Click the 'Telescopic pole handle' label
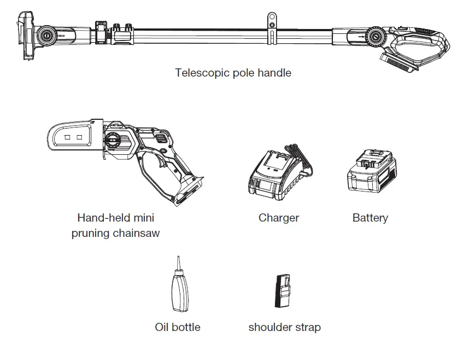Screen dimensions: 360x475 tap(233, 73)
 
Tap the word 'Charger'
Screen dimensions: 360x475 tap(279, 218)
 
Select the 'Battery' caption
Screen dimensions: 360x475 tap(370, 218)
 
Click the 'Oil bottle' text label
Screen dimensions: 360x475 tap(178, 327)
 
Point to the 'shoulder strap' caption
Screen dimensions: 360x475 tap(284, 327)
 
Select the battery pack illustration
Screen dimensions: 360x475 tap(372, 172)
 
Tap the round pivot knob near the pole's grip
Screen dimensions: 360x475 tap(375, 37)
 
